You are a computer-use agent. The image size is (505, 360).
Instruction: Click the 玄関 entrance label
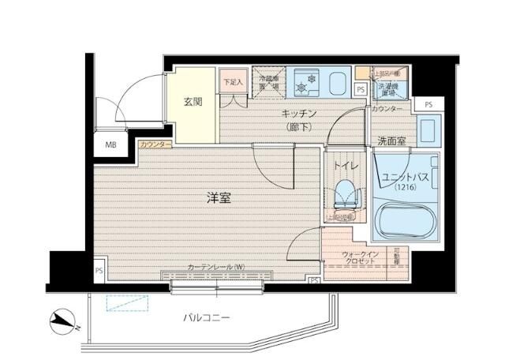coord(193,102)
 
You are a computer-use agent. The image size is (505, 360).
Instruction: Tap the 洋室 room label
coord(219,198)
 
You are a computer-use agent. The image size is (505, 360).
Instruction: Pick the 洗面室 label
coord(392,142)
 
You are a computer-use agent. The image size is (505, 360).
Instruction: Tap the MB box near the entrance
coord(110,144)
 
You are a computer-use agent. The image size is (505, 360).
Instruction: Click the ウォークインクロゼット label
coord(361,257)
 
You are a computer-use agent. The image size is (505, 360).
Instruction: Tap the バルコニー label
coord(206,317)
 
